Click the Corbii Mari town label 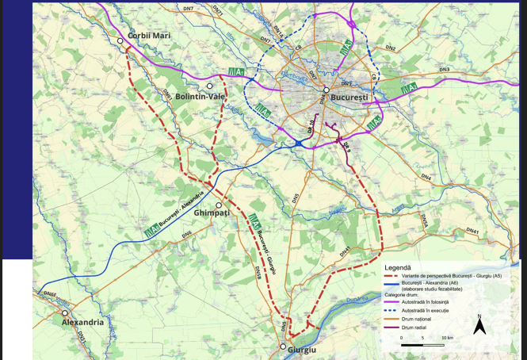click(149, 36)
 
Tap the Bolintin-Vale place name click(200, 97)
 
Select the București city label click(349, 97)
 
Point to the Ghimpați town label click(212, 213)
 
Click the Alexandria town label click(83, 323)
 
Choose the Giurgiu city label click(302, 350)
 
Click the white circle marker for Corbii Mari click(120, 40)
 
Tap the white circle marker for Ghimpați click(219, 205)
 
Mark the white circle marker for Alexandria click(65, 313)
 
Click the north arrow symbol click(479, 325)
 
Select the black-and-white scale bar click(422, 345)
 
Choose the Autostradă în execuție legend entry click(432, 310)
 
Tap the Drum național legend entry click(423, 319)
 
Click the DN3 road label click(444, 70)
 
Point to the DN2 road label click(390, 48)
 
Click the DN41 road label click(472, 232)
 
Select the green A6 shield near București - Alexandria click(151, 232)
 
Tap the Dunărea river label click(357, 299)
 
